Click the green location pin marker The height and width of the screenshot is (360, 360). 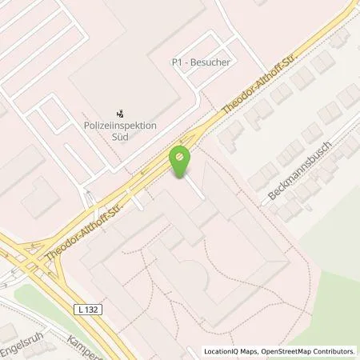click(180, 160)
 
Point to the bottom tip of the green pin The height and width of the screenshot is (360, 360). click(180, 176)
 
